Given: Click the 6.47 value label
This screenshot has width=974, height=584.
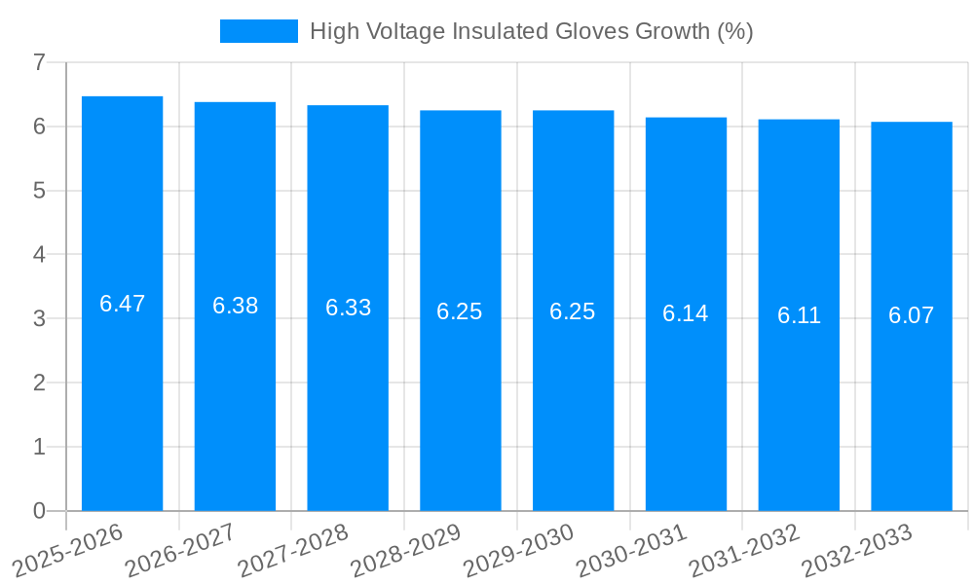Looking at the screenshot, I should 122,304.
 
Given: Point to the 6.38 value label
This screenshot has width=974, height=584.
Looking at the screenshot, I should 235,306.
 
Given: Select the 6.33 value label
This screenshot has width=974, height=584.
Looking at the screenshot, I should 348,308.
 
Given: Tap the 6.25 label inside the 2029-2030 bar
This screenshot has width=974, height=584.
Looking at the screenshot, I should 573,311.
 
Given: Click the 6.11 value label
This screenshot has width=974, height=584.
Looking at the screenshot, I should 799,315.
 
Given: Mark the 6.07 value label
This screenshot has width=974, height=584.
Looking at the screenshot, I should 912,315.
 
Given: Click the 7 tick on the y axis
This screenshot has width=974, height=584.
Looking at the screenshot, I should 39,62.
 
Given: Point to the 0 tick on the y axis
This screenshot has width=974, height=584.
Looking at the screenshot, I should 39,511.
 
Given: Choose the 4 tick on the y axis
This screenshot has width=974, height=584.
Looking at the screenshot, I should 39,254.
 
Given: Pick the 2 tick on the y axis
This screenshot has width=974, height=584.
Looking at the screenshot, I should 39,383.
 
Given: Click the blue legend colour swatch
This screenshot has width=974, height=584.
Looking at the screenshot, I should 259,31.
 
